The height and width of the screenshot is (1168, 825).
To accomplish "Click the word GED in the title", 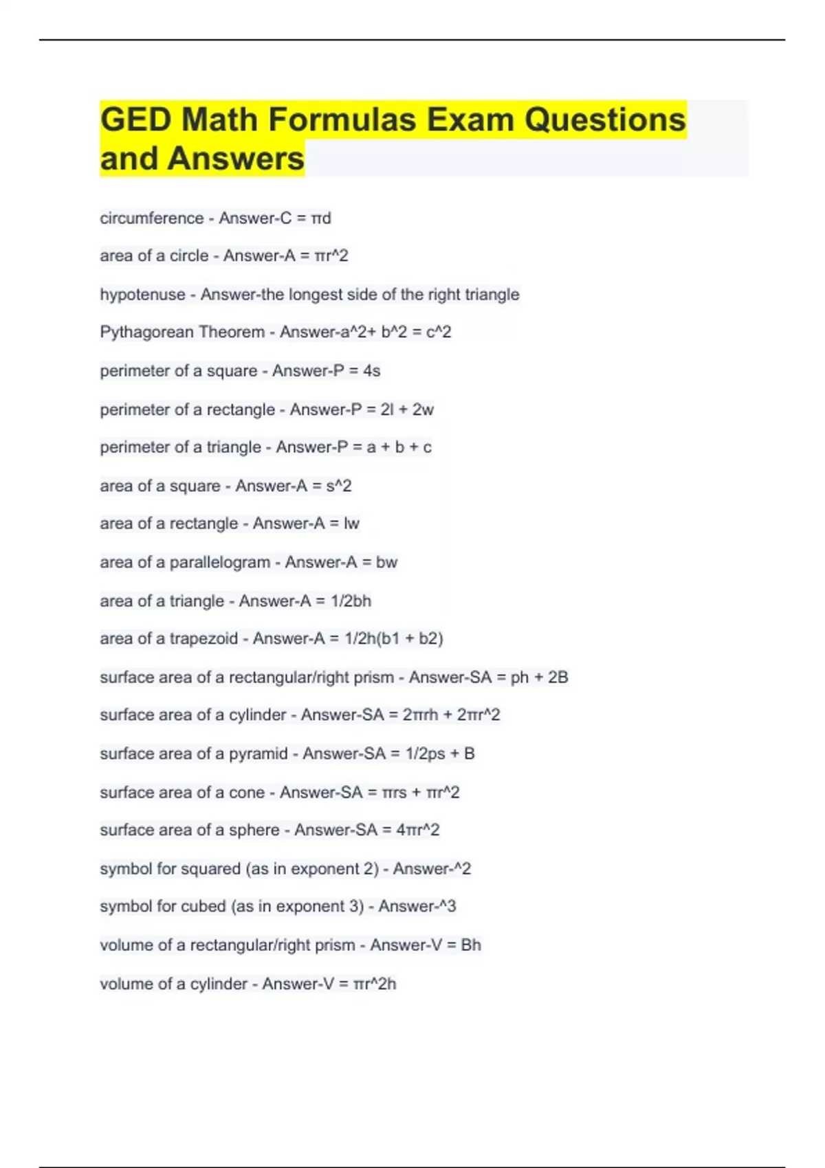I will tap(135, 120).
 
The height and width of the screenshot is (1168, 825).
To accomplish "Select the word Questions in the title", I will tap(605, 120).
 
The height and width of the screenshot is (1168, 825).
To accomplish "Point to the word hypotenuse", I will tap(142, 295).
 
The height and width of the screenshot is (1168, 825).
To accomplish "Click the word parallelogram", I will tap(219, 563).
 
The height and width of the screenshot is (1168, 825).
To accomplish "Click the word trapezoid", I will tap(203, 639).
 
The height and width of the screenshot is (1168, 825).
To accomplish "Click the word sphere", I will tap(254, 830).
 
